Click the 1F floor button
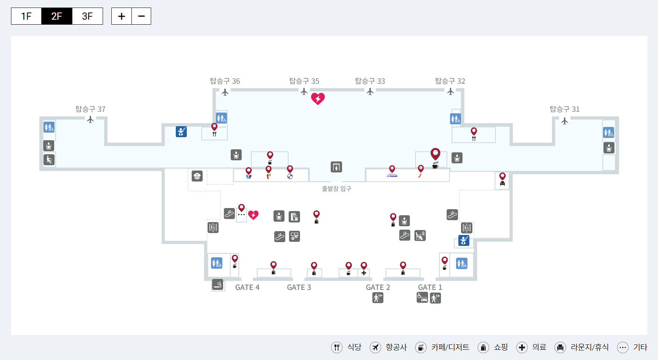(x=26, y=16)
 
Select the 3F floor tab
(x=87, y=16)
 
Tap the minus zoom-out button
(x=141, y=16)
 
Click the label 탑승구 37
(x=91, y=109)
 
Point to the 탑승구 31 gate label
(x=564, y=109)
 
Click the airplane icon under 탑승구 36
(x=225, y=92)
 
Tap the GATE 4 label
(x=247, y=287)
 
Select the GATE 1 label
(x=430, y=287)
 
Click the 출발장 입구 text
(x=336, y=189)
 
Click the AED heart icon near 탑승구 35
(x=318, y=99)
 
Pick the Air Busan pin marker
(x=392, y=169)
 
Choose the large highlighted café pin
(x=435, y=154)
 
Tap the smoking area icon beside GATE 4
(x=217, y=284)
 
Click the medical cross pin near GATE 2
(x=364, y=266)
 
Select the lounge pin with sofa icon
(x=502, y=177)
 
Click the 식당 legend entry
(x=347, y=347)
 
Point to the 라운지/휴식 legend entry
(x=581, y=347)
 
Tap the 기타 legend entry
(x=632, y=347)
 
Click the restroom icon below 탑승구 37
(x=49, y=127)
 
